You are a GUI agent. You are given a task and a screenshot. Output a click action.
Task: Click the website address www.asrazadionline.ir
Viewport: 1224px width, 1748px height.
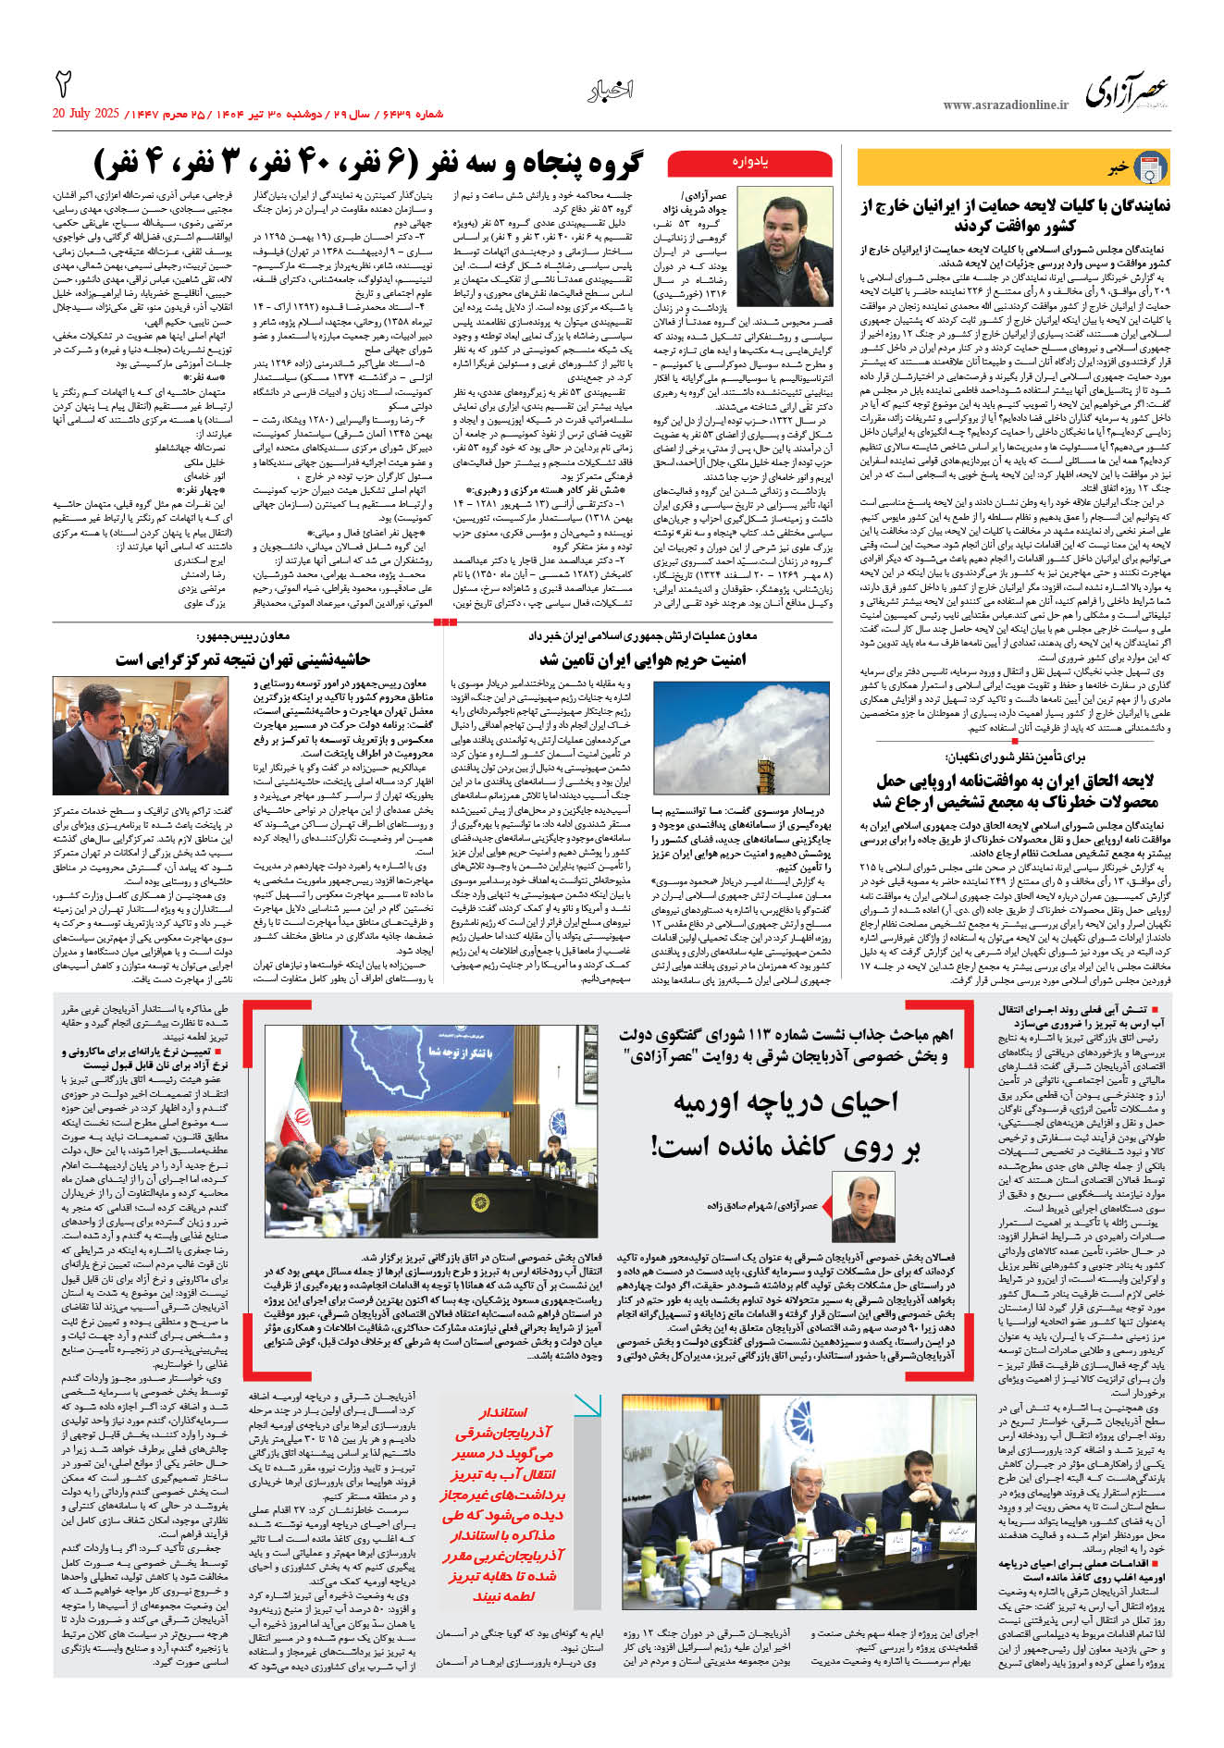(1006, 105)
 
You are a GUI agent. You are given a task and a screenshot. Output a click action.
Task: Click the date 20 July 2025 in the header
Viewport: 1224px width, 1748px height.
(86, 114)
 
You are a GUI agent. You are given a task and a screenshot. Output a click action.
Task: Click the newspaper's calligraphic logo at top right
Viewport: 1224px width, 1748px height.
(1126, 92)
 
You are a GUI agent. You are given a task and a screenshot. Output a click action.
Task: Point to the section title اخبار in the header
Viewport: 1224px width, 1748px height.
(611, 91)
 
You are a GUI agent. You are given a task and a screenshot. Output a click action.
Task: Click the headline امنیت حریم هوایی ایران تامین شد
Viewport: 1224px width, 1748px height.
(642, 659)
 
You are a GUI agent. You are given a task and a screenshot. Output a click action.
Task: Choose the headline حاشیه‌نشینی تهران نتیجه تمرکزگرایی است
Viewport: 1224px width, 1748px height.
(243, 659)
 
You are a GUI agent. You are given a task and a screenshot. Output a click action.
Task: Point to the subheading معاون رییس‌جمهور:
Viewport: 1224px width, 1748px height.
(243, 636)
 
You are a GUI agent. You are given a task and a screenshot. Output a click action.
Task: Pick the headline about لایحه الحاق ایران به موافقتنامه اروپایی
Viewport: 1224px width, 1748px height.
(1016, 791)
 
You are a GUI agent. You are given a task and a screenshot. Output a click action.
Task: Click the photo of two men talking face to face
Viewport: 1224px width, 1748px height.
(141, 735)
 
